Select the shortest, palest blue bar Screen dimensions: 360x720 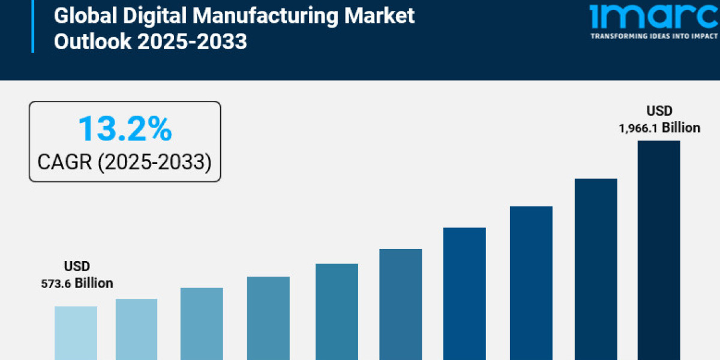point(76,333)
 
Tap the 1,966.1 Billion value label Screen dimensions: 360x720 point(659,128)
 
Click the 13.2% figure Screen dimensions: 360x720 point(125,130)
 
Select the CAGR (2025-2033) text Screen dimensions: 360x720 point(124,161)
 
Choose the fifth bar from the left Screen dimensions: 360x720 point(337,311)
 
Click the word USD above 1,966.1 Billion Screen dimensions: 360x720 point(659,111)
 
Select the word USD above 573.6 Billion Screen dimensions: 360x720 point(76,266)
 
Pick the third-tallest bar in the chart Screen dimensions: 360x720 point(531,283)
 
